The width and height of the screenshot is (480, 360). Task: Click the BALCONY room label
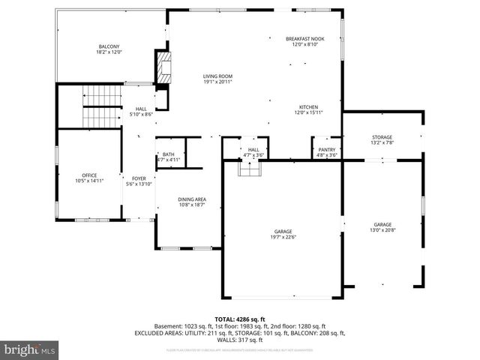tap(109, 46)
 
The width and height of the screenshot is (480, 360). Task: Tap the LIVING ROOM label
tap(217, 76)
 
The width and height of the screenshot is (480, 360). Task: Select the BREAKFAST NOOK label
tap(305, 38)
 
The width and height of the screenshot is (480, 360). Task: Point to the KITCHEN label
tap(309, 107)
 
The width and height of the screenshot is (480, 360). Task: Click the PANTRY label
tap(327, 150)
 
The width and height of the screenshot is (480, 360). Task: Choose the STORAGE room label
tap(382, 137)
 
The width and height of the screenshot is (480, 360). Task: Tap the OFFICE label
tap(90, 175)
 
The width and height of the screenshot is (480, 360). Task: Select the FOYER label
tap(139, 178)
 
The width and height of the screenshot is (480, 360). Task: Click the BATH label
tap(169, 154)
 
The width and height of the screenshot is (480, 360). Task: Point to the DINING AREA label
tap(192, 199)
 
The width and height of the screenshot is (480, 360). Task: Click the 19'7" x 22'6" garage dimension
tap(283, 237)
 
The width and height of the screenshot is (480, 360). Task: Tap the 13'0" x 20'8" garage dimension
tap(383, 231)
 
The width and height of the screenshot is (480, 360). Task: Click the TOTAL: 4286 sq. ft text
tap(240, 319)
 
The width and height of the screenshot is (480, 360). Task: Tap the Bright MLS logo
tap(30, 349)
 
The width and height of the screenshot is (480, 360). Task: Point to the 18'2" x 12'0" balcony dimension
tap(109, 52)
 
